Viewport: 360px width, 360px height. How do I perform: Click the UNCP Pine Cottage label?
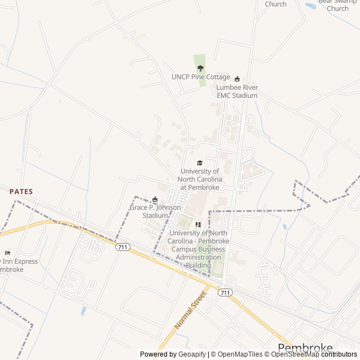point(201,77)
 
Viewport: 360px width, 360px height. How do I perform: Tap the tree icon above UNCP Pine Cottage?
point(200,68)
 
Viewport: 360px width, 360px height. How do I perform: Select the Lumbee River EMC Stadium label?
point(237,91)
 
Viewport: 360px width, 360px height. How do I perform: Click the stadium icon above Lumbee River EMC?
point(237,79)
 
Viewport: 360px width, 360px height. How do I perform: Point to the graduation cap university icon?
point(200,163)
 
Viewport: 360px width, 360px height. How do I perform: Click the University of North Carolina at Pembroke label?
point(200,179)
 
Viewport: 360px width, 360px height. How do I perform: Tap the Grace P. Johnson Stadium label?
point(155,211)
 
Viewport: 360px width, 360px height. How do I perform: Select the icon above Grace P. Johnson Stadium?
point(155,199)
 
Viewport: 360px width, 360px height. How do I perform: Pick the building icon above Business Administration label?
point(198,224)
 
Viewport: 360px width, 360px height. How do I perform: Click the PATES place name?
point(21,192)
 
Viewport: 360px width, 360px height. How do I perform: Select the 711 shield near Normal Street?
point(226,292)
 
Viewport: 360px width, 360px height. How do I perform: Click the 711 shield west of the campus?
point(122,247)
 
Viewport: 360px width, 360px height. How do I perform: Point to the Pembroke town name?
point(305,348)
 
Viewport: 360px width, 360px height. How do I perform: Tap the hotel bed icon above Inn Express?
point(7,253)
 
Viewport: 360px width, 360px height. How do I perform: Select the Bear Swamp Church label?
point(337,5)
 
